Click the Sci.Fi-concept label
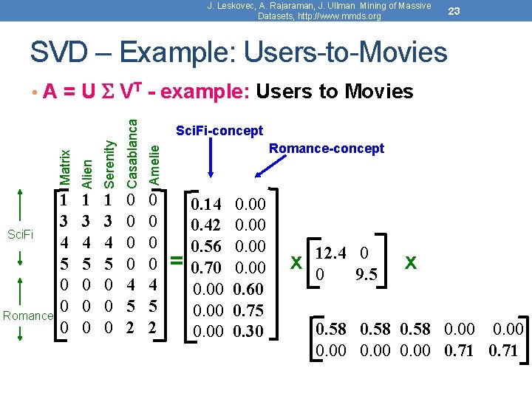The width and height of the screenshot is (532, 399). point(219,131)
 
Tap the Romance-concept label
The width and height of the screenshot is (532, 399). point(327,149)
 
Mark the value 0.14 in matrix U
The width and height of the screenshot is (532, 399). point(205,205)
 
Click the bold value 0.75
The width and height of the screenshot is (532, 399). point(248,310)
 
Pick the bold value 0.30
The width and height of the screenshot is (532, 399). point(248,331)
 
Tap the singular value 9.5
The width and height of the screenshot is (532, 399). point(365,275)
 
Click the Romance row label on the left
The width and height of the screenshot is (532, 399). point(27,316)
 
